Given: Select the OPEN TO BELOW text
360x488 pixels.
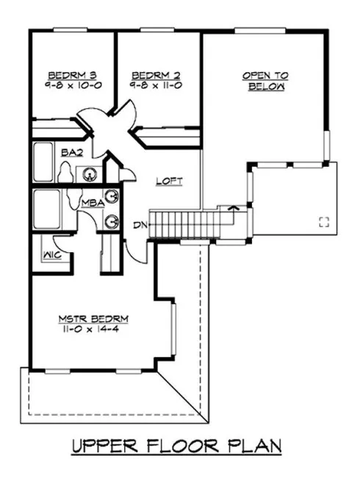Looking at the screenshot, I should coord(265,80).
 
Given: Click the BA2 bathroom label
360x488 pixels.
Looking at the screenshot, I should coord(71,153).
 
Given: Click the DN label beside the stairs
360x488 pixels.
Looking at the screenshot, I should coord(139,225).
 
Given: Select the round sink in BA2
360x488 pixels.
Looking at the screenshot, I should coord(90,174).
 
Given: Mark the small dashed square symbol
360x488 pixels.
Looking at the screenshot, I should coord(323,222).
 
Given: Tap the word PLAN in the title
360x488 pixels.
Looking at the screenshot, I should coord(253,448).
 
